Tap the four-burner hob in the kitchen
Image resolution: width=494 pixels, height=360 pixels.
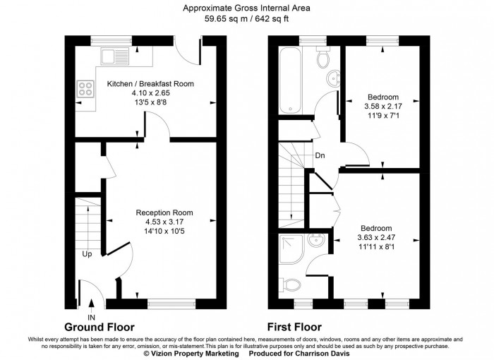coord(86,90)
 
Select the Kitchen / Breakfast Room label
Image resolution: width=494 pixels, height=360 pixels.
coord(150,84)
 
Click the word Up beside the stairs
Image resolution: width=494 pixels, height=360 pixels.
coord(87,253)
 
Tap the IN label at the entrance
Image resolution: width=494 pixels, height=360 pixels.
coord(91,318)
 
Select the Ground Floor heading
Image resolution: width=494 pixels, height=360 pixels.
coord(100,328)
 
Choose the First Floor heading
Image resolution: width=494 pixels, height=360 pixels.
coord(294,328)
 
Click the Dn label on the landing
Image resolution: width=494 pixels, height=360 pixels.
coord(320,155)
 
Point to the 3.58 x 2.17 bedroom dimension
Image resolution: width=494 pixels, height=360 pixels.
coord(381,107)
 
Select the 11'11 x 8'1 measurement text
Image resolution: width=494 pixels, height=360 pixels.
coord(376,247)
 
